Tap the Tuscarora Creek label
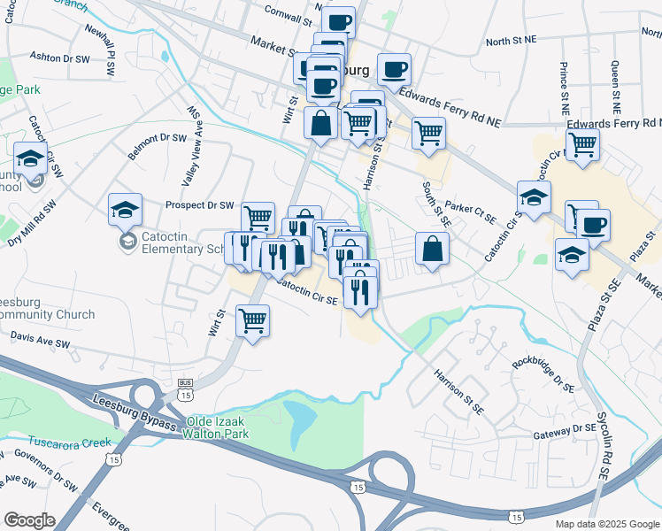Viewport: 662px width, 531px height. pos(70,442)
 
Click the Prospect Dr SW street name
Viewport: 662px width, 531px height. pos(199,204)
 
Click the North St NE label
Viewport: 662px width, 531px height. pos(512,41)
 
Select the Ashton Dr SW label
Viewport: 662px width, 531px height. pos(60,57)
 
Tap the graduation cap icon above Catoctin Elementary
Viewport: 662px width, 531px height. pos(125,210)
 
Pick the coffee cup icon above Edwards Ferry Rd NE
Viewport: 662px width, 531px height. pos(394,68)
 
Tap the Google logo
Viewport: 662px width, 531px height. pos(29,520)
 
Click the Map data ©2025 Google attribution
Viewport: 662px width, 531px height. pos(606,524)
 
